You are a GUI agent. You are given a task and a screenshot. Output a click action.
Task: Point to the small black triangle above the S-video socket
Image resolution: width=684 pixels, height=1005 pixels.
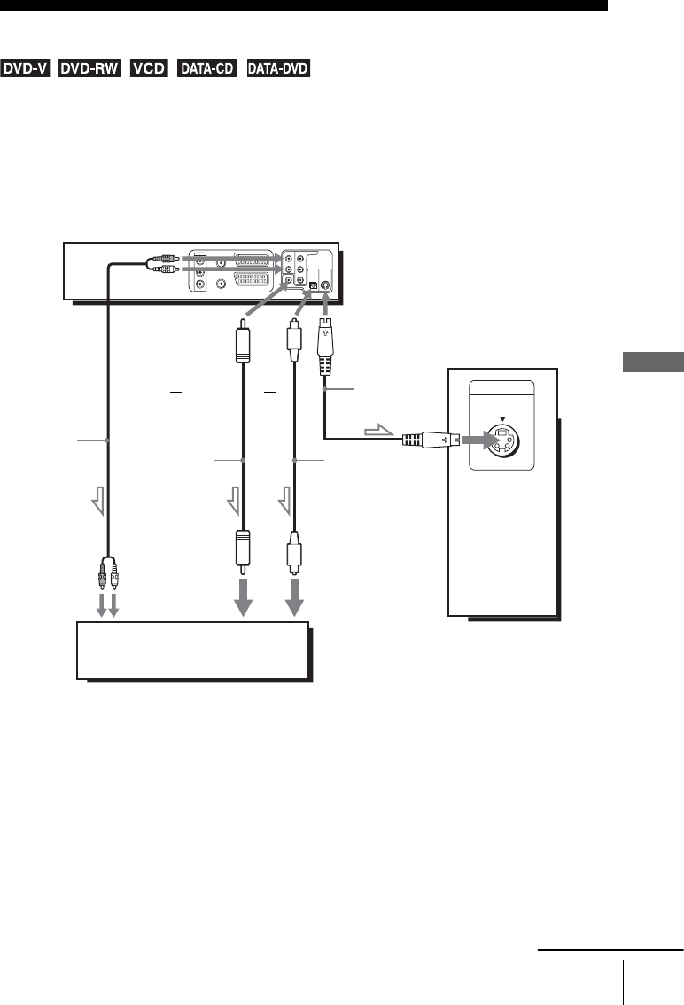tap(502, 417)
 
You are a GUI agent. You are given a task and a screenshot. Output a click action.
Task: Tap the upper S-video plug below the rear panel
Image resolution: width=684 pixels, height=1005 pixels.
tap(325, 341)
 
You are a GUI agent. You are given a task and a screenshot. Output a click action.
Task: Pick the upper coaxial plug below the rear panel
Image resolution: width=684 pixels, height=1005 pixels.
tap(242, 348)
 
